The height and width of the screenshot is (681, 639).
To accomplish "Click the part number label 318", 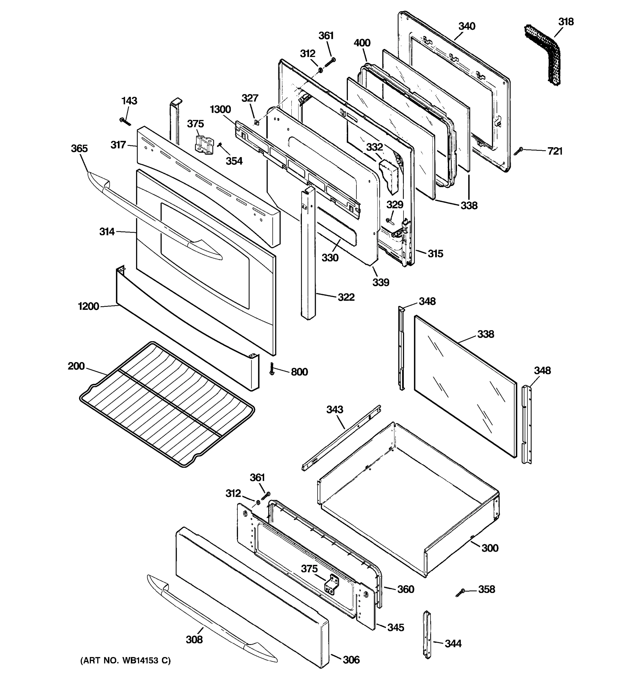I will (x=566, y=22).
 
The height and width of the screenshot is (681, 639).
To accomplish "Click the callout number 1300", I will (x=220, y=110).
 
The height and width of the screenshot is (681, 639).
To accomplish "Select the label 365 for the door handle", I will (x=79, y=148).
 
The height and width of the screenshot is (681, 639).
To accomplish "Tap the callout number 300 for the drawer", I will (x=490, y=548).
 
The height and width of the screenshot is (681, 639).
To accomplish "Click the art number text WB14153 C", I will (x=126, y=661).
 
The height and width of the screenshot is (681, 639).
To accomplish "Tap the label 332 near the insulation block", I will (x=374, y=147).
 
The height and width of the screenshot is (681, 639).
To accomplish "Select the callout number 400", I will (x=362, y=43).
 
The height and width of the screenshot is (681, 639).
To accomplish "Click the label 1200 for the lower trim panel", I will (x=88, y=306).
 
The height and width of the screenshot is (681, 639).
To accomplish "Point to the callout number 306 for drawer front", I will (x=351, y=660).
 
